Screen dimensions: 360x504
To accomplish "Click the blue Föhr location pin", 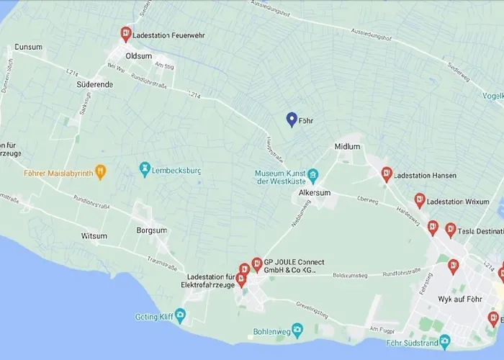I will [x=292, y=120].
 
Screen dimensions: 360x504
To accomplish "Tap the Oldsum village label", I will [x=138, y=55].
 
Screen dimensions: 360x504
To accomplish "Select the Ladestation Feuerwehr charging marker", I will [x=126, y=34].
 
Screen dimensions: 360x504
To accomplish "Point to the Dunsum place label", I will [x=29, y=47].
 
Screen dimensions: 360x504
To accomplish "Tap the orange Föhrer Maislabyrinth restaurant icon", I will [x=101, y=172].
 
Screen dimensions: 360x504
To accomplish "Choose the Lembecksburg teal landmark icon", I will [x=145, y=168].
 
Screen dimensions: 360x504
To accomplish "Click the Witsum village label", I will [x=94, y=236].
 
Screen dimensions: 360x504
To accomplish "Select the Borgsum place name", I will [x=151, y=230].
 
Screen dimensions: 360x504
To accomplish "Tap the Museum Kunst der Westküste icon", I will [x=313, y=175].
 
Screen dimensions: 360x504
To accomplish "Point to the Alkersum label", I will [x=315, y=193].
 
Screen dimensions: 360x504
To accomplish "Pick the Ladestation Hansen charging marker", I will [x=387, y=174].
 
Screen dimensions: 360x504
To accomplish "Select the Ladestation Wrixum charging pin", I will [x=420, y=201].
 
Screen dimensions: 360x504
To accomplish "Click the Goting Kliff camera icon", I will [x=180, y=315].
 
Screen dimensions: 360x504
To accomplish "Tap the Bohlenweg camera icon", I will [x=298, y=329].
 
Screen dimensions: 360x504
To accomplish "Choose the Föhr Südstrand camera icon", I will [x=445, y=341].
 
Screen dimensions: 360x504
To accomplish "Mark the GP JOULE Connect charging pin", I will [x=256, y=264].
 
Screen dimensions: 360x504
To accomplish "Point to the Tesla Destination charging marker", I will [x=451, y=230].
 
